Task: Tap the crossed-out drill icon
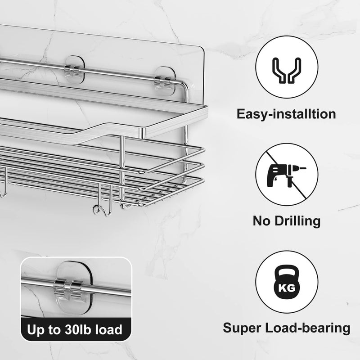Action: tap(287, 175)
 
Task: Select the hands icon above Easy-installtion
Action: tap(287, 70)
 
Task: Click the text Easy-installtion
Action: tap(286, 114)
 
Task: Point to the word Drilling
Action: tap(297, 221)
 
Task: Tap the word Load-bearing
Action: tap(308, 328)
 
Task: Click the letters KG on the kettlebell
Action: tap(287, 288)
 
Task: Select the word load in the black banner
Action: tap(108, 329)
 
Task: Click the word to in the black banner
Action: tap(54, 330)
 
